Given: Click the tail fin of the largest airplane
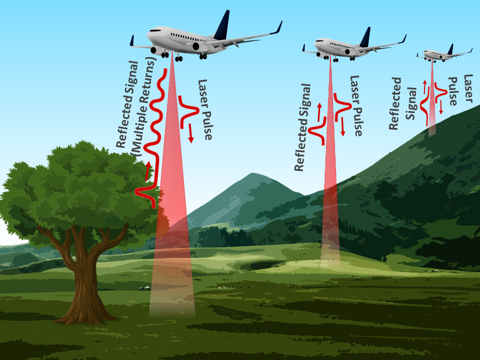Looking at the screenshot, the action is pos(223,26).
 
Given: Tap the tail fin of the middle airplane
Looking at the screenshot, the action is pos(366,38).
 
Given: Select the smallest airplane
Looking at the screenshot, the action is pos(444,54).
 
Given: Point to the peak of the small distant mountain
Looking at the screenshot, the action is pos(253,174).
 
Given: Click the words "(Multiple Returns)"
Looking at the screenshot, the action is pos(143,107).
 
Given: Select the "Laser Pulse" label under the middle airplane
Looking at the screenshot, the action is pos(356,105).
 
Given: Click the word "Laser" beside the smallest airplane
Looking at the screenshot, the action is pos(468,88).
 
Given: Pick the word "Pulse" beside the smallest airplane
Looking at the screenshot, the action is pos(453,91).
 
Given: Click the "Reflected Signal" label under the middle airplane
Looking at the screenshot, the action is pos(302,127).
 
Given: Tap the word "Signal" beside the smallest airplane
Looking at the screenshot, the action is pos(411,103).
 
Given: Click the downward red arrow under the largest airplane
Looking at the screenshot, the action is pos(190,133).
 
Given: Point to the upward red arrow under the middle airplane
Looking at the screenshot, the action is pos(319,112).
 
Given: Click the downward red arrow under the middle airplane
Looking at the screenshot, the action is pos(342,127).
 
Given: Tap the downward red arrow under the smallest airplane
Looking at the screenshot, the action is pos(441,107).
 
